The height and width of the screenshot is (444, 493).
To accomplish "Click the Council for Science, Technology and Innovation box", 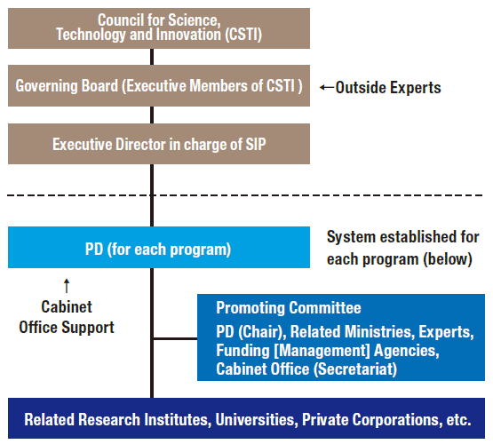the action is coord(159,28).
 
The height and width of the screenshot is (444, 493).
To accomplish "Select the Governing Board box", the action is coord(159,85).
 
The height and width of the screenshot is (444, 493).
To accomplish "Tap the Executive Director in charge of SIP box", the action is coord(159,144).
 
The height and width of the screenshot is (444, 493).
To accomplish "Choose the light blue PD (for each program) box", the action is coord(159,247).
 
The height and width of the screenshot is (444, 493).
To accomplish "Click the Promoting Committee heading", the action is coord(289,308).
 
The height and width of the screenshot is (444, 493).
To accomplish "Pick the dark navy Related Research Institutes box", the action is coord(247,418).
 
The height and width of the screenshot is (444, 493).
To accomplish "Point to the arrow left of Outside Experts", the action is coord(327,87).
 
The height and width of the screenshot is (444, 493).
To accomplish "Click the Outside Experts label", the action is coord(388,88).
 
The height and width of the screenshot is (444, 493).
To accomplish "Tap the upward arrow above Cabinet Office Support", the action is coord(67,286).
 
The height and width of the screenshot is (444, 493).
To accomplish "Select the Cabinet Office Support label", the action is coord(67,317).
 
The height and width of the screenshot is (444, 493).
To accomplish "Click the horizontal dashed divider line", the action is coord(244,195).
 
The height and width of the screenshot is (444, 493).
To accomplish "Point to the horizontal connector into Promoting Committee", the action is coord(176,338).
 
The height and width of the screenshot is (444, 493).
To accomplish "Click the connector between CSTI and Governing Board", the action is coord(152,57).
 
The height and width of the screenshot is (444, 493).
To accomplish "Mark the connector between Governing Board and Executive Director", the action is coord(152,115).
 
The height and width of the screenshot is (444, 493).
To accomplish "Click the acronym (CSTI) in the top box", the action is coord(243,35).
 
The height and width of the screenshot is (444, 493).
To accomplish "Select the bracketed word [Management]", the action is coord(322,351).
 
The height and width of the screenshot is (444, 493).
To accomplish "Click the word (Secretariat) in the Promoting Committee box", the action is coord(355,369).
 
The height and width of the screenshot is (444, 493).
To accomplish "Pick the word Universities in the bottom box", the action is coord(256,419).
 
